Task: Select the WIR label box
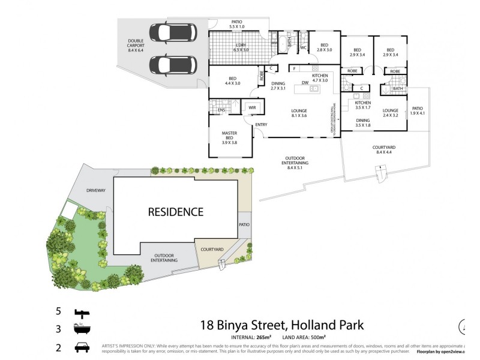click(252, 108)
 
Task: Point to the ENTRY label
click(261, 125)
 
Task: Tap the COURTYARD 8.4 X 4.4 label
click(383, 149)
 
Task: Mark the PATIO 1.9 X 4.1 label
click(418, 111)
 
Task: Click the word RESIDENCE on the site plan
click(176, 212)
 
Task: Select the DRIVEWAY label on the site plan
click(95, 190)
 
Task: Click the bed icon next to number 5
click(81, 313)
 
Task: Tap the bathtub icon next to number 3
click(81, 329)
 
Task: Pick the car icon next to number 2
click(81, 347)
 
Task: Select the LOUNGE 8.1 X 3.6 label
click(299, 113)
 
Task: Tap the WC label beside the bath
click(304, 47)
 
